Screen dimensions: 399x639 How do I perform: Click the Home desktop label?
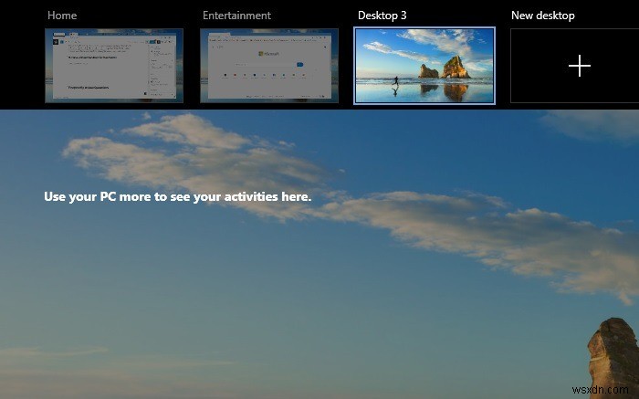[61, 16]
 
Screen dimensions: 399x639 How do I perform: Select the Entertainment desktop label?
[236, 16]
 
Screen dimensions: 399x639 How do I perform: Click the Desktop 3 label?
[382, 16]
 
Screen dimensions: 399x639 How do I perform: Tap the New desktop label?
[542, 16]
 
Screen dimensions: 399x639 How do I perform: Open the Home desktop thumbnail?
[114, 65]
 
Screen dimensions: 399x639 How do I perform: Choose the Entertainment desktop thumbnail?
[269, 65]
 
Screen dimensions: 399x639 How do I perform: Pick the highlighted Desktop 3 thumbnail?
[424, 65]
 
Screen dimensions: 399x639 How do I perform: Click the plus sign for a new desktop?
[579, 66]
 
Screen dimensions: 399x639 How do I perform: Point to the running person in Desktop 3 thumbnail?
[395, 81]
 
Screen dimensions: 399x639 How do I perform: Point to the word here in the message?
[296, 196]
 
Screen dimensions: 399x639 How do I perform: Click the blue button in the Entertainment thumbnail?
[298, 65]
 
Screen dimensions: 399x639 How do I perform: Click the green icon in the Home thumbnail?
[57, 42]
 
